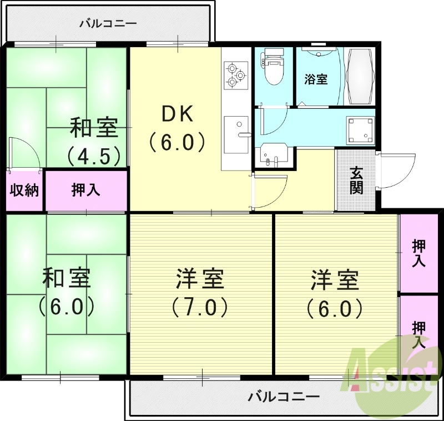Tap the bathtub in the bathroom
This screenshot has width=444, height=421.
pos(359,76)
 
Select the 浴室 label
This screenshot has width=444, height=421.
pos(316,79)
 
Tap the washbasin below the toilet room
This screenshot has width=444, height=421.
pos(273,154)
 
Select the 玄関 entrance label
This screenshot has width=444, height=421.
pos(356,181)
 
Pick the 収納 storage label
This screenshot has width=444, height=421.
pos(24,190)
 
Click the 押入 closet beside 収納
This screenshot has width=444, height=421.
pos(86,190)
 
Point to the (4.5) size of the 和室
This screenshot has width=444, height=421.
pos(94,156)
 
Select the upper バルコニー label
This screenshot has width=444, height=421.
pos(108,23)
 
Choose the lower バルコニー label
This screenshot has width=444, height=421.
pos(283,397)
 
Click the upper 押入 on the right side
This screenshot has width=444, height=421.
pos(419,253)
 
